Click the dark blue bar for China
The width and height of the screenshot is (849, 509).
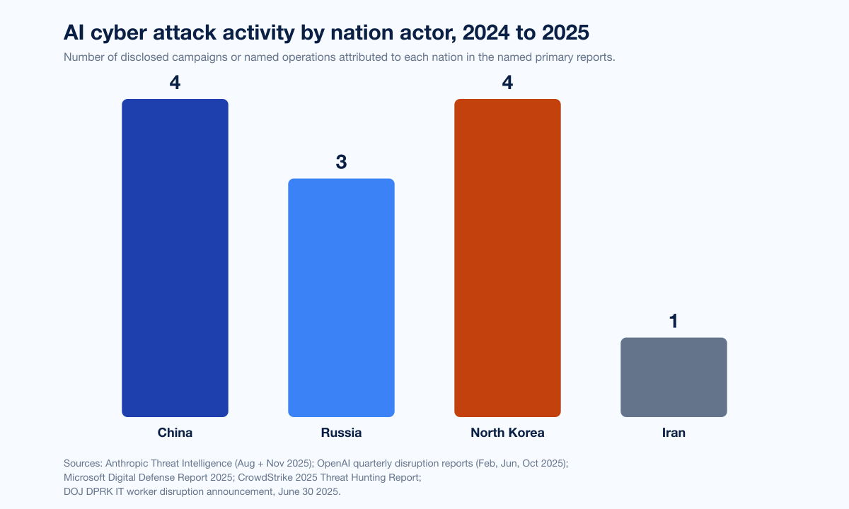click(x=175, y=258)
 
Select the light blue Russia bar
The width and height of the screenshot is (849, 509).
click(x=341, y=298)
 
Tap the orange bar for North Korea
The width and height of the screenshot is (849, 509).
click(x=507, y=258)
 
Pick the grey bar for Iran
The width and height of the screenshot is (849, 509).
click(x=674, y=377)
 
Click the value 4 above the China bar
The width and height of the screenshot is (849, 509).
click(x=175, y=83)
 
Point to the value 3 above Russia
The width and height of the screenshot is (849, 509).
click(x=341, y=163)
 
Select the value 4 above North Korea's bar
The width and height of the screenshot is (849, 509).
click(x=507, y=83)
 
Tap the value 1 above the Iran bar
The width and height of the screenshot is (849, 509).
click(x=674, y=322)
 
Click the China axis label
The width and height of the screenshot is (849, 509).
click(x=175, y=433)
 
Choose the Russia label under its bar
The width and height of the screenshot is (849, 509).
click(x=341, y=433)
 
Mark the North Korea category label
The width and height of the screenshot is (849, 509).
click(x=507, y=433)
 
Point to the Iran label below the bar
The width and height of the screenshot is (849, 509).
click(x=674, y=433)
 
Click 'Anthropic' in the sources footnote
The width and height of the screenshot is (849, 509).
click(x=131, y=464)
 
